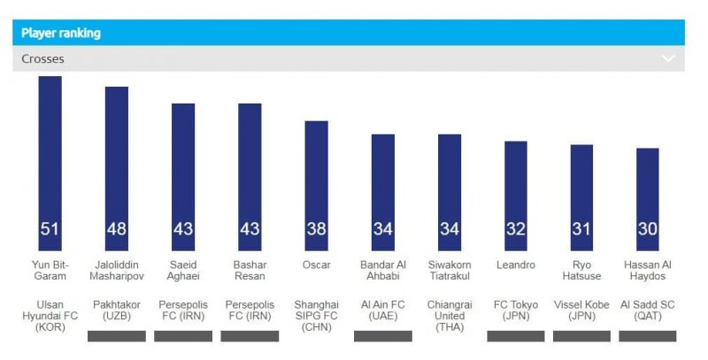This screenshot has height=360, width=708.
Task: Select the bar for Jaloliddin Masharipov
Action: pyautogui.click(x=117, y=164)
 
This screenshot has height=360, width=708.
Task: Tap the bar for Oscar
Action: pyautogui.click(x=316, y=181)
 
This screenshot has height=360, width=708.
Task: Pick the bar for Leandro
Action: pyautogui.click(x=515, y=190)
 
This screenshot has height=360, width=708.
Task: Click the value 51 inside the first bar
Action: pyautogui.click(x=50, y=229)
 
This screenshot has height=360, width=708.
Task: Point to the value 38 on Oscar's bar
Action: pyautogui.click(x=316, y=229)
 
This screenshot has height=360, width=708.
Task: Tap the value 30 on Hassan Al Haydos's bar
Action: pyautogui.click(x=648, y=229)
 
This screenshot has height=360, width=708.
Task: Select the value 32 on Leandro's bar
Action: pyautogui.click(x=515, y=229)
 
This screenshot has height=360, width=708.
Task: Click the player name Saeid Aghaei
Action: pyautogui.click(x=183, y=271)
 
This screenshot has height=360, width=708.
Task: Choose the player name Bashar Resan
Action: pyautogui.click(x=250, y=271)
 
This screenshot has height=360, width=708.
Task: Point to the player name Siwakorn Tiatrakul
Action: pyautogui.click(x=449, y=271)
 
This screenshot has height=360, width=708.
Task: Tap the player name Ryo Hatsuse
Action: pyautogui.click(x=581, y=271)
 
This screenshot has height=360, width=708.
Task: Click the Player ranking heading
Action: pyautogui.click(x=61, y=33)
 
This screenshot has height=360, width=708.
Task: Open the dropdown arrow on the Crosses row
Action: pyautogui.click(x=668, y=59)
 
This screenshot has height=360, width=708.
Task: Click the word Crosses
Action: pyautogui.click(x=43, y=59)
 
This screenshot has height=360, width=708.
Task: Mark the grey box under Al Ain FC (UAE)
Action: pyautogui.click(x=382, y=336)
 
